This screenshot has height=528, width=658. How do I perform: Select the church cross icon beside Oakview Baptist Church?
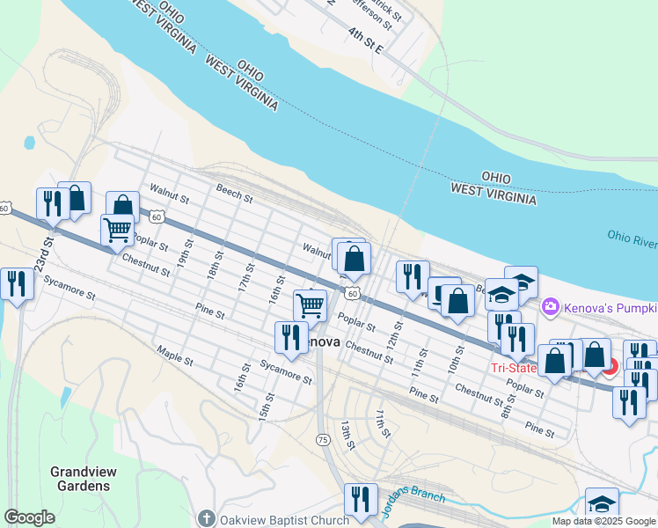[x=206, y=519]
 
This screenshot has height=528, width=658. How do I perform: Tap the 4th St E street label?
[x=365, y=40]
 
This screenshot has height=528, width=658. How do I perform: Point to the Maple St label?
[x=174, y=357]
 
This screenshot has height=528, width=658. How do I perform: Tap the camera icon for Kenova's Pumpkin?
[x=551, y=306]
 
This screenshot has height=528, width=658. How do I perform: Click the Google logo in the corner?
[x=29, y=517]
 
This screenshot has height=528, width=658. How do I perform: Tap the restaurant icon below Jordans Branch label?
[x=360, y=498]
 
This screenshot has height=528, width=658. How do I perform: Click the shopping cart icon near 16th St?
[x=310, y=305]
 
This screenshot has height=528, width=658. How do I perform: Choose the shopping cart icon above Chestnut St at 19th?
[x=117, y=230]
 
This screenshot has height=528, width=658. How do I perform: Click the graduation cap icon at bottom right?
[x=602, y=503]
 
